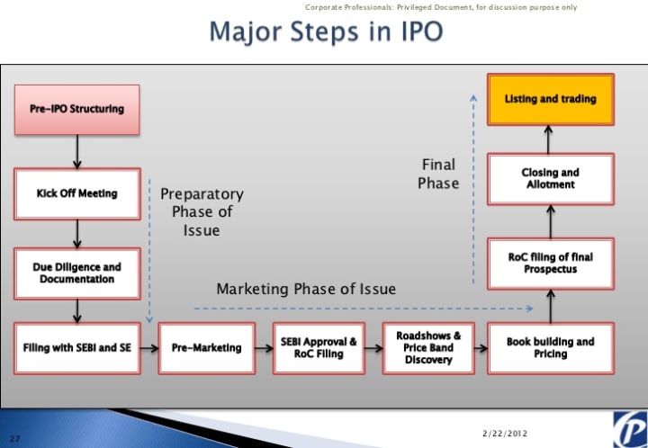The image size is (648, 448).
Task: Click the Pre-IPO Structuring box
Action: (76, 110)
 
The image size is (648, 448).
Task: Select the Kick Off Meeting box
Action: (76, 193)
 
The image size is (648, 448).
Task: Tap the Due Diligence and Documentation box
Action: (76, 273)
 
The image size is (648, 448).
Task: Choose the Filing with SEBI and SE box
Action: (76, 347)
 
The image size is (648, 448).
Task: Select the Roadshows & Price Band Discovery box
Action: (428, 347)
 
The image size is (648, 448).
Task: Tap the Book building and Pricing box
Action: (550, 347)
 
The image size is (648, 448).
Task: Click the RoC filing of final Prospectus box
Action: (550, 263)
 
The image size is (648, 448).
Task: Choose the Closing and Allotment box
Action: (550, 178)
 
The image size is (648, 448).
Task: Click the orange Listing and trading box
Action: (550, 99)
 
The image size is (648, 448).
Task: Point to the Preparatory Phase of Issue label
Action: (202, 211)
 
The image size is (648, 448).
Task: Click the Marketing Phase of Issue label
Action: (306, 289)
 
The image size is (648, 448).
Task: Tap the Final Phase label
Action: (439, 174)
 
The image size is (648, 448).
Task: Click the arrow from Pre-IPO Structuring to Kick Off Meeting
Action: (76, 151)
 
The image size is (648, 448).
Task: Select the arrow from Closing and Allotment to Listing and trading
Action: (550, 139)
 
